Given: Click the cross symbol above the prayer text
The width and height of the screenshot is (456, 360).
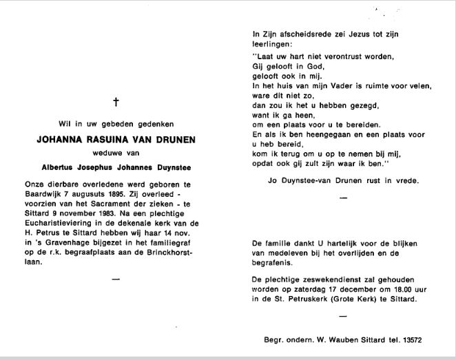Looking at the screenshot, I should coord(116,102).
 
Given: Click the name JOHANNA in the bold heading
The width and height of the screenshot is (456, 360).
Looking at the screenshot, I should coord(61,140).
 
